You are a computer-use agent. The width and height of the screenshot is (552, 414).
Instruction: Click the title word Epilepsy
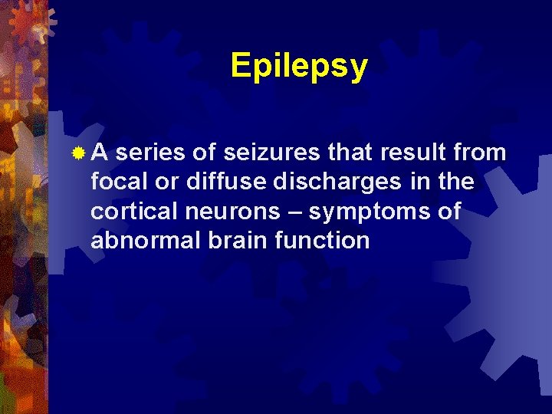coord(299,67)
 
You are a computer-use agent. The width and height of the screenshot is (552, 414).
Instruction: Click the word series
coord(151,153)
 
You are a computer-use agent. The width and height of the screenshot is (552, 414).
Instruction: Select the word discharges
coord(336,182)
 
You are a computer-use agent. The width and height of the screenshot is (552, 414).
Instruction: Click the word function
coord(326,240)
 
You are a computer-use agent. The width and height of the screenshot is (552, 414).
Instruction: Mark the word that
coord(350,153)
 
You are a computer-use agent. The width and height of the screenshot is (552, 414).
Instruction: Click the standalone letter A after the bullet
coord(100,153)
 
